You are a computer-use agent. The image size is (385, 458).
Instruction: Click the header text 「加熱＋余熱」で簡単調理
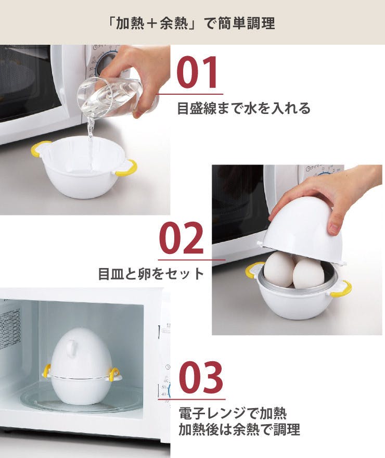tap(192, 23)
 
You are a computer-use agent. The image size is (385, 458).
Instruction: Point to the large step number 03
tap(201, 376)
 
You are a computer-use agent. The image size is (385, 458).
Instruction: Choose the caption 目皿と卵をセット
tap(151, 274)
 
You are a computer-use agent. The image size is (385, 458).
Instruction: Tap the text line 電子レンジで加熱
tap(233, 413)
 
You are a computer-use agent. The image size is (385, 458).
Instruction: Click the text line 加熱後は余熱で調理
tap(239, 430)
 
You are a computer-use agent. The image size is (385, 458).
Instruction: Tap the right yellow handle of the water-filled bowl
tap(126, 169)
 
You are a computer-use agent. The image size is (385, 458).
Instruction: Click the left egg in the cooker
tap(279, 269)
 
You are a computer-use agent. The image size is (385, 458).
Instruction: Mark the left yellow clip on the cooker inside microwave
tap(46, 371)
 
